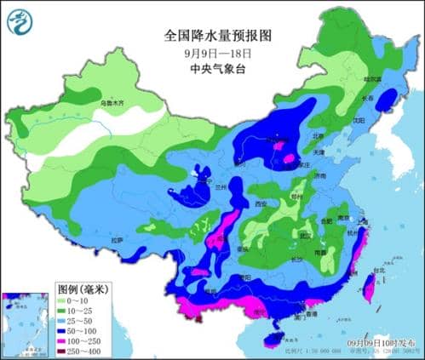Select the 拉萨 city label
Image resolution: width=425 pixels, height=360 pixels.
[x=116, y=241]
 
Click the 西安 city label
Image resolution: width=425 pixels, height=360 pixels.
[x=262, y=204]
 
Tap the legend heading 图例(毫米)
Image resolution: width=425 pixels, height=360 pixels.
[x=83, y=289]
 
